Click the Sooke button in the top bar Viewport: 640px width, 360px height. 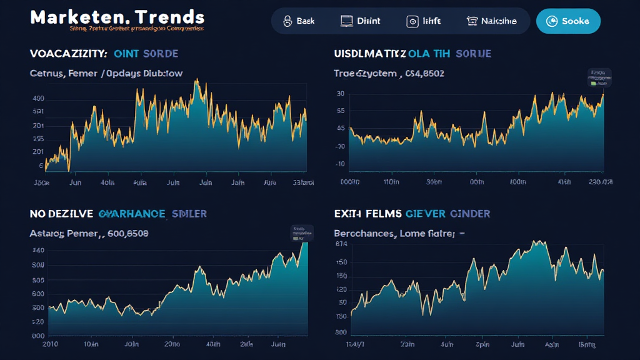(x=568, y=21)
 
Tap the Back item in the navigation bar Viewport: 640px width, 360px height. (x=298, y=21)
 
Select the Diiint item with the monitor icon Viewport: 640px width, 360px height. (x=360, y=21)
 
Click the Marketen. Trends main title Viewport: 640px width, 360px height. (x=117, y=16)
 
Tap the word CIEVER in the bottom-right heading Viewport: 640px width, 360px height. (x=426, y=214)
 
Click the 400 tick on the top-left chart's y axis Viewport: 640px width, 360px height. (x=38, y=99)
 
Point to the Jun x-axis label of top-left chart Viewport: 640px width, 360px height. (x=74, y=183)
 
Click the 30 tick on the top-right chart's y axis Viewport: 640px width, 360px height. (x=341, y=94)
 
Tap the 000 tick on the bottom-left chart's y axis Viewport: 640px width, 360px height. (x=38, y=336)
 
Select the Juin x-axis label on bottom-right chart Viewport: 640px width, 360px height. (x=518, y=344)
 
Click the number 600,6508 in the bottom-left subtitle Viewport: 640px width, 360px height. (x=127, y=234)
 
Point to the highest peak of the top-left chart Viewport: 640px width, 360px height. (x=196, y=81)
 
